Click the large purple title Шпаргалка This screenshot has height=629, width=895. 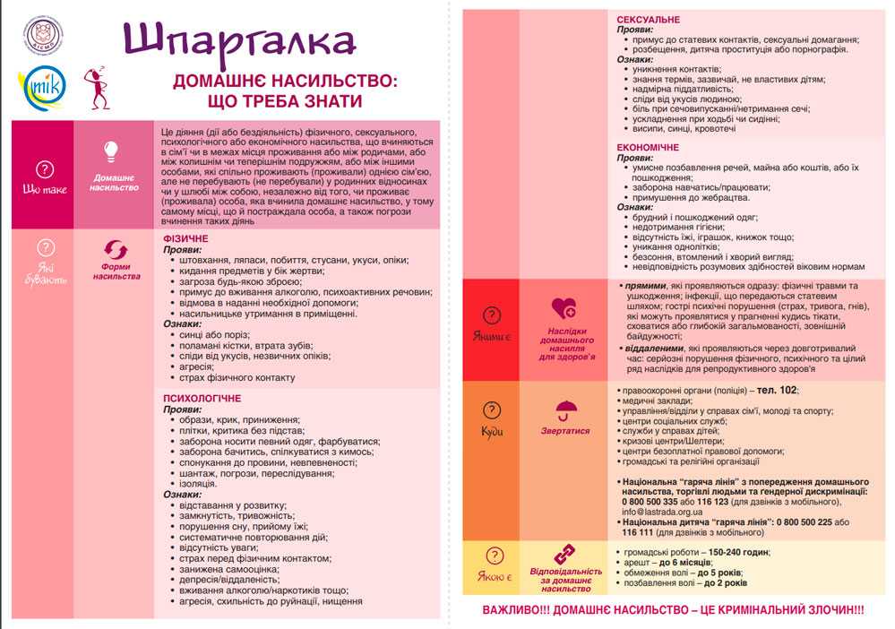(x=239, y=39)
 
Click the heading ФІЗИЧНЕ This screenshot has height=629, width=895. (x=185, y=239)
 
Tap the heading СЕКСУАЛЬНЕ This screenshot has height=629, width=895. (x=649, y=19)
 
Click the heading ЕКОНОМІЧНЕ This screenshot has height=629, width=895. (x=649, y=147)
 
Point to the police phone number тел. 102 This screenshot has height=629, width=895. (x=777, y=391)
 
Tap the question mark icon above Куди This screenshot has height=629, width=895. (x=492, y=409)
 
